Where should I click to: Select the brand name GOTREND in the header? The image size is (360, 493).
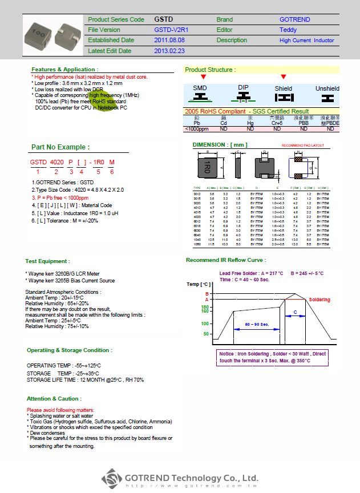[294, 19]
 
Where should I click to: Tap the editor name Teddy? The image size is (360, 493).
[288, 30]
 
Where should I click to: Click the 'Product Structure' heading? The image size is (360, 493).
[210, 70]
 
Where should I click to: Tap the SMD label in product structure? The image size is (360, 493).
[200, 88]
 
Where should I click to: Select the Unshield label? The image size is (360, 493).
[327, 88]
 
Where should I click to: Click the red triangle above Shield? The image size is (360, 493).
[284, 77]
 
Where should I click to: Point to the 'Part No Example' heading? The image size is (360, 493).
[60, 147]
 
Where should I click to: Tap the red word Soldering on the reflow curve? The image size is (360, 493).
[319, 300]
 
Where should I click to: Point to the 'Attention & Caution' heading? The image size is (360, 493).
[54, 398]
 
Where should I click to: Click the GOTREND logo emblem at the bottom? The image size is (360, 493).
[112, 478]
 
